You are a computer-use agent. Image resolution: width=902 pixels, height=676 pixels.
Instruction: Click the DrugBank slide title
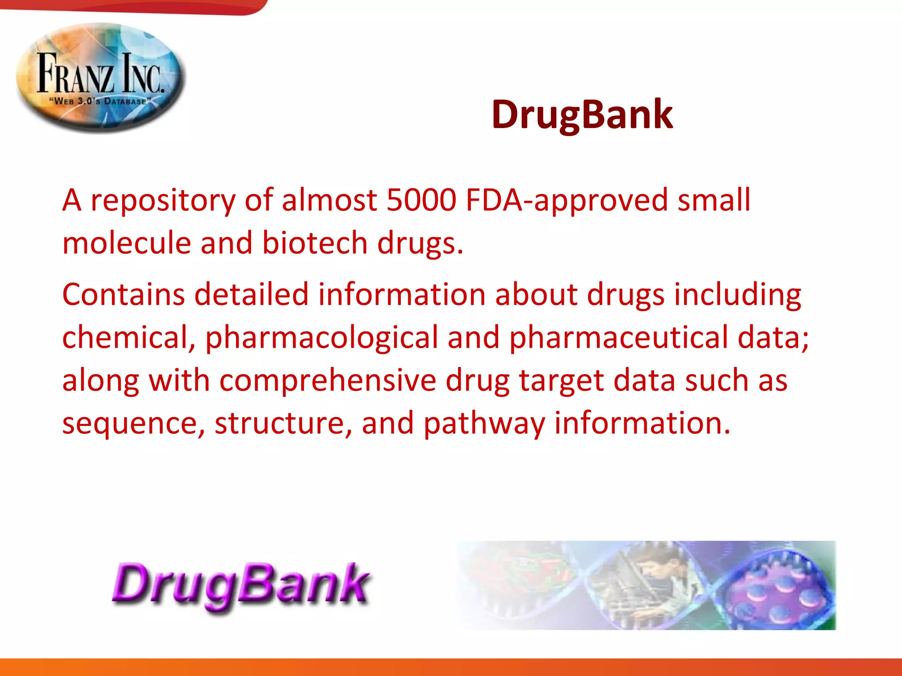tap(582, 114)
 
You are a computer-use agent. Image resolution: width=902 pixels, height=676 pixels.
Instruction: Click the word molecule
tap(126, 243)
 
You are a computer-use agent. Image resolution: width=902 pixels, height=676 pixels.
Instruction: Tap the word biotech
tap(314, 243)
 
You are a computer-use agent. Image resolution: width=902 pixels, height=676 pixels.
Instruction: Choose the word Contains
tap(123, 294)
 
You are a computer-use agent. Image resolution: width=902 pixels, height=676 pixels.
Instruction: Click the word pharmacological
tap(322, 338)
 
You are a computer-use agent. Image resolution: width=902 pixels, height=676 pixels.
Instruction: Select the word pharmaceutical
tap(618, 338)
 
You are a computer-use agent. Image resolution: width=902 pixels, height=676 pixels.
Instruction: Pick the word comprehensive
tap(328, 381)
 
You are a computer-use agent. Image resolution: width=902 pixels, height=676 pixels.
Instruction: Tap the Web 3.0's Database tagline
tap(100, 101)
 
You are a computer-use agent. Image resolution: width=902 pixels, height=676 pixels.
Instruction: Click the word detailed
tap(251, 294)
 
